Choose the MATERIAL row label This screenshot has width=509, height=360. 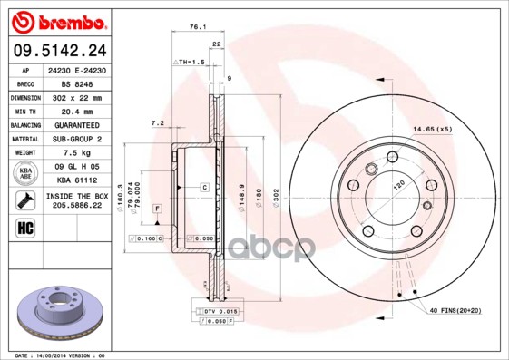[24, 139]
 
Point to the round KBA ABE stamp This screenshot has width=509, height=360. [24, 173]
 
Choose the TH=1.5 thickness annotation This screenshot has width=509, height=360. [191, 61]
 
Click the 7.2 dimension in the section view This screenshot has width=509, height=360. [157, 122]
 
